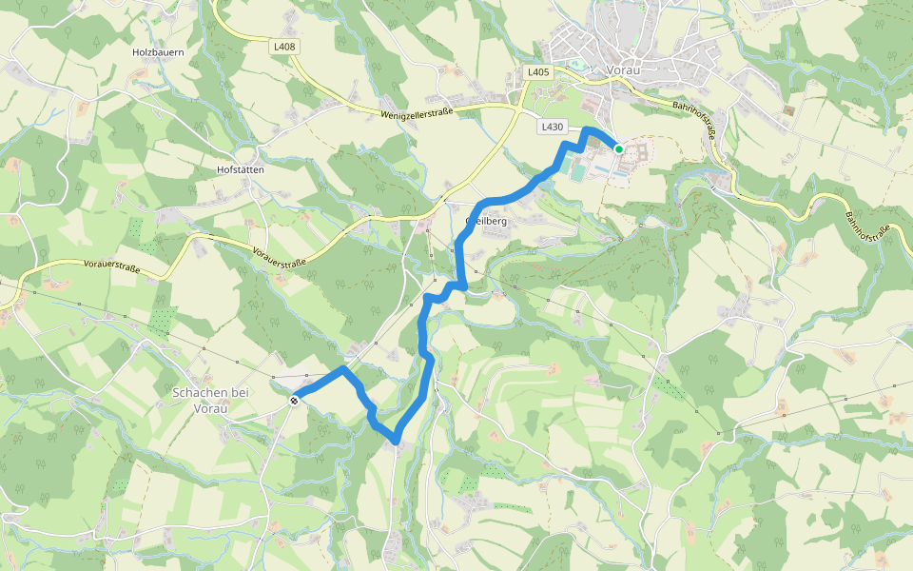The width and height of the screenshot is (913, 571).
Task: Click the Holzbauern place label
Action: point(158,52)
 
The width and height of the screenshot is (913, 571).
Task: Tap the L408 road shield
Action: point(283,46)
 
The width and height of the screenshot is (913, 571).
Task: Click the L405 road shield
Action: point(538,72)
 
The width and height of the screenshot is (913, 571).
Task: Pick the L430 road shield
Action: point(552,127)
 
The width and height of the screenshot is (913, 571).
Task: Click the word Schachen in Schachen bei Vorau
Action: point(202,392)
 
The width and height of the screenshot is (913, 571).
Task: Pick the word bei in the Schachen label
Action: point(243,392)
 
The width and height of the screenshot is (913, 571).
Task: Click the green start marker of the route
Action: point(618,148)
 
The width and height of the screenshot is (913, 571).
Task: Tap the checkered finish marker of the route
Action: point(295,401)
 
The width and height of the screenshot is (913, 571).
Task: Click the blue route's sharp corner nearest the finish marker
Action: point(343,367)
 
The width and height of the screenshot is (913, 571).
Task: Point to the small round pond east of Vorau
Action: point(901,130)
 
